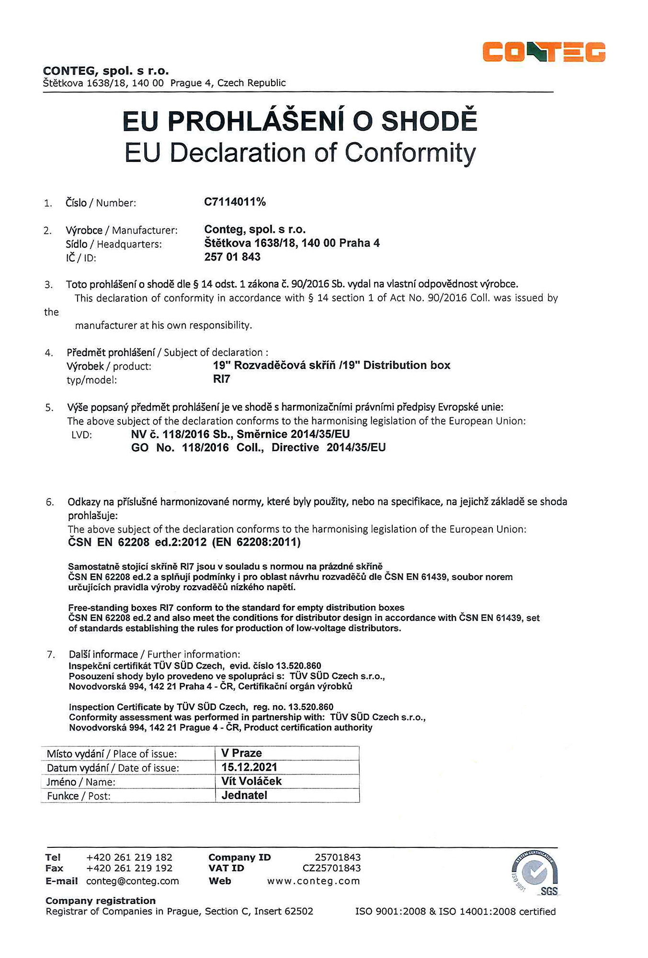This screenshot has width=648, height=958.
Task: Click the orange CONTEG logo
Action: (544, 52)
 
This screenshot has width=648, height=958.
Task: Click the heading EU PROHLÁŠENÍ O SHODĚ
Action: (300, 121)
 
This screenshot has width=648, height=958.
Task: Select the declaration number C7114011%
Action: (235, 202)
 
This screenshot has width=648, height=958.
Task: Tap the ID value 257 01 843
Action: (232, 257)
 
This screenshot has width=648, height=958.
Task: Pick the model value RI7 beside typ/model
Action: (222, 379)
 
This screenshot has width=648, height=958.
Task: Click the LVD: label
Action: (81, 435)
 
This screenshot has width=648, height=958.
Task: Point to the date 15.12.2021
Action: (249, 767)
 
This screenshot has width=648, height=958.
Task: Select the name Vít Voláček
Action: (251, 781)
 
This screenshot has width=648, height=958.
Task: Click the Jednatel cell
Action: (244, 796)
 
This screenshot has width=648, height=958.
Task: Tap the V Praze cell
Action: (241, 753)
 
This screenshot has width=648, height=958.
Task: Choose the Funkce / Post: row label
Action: (79, 796)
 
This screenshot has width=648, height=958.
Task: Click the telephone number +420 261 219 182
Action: (129, 857)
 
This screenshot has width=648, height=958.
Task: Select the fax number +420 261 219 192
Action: (129, 868)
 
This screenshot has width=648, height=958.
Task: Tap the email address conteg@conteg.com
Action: (133, 881)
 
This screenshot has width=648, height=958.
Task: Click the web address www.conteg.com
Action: (314, 881)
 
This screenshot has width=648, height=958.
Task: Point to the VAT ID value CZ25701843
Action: (331, 868)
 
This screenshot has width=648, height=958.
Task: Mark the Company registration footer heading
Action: (101, 901)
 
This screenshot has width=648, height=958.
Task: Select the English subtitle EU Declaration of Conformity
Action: (300, 153)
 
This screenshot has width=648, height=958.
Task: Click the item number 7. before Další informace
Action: (51, 655)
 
